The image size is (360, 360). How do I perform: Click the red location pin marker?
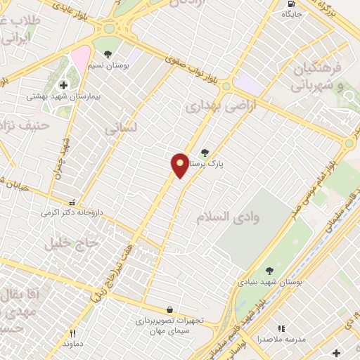pos(180,165)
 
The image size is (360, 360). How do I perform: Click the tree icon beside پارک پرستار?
pos(205,153)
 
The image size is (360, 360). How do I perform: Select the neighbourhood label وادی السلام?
pos(229,217)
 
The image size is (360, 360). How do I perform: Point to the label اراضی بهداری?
pos(214,105)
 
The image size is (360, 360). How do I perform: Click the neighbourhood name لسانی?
pos(119,129)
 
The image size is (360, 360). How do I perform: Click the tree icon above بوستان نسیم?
pos(108,53)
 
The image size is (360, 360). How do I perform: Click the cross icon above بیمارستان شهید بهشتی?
pos(63,84)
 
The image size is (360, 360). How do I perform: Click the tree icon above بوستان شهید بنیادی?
pos(269,271)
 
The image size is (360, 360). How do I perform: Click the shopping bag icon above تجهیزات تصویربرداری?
pos(169,309)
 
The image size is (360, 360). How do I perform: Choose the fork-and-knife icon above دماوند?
pos(72,334)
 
